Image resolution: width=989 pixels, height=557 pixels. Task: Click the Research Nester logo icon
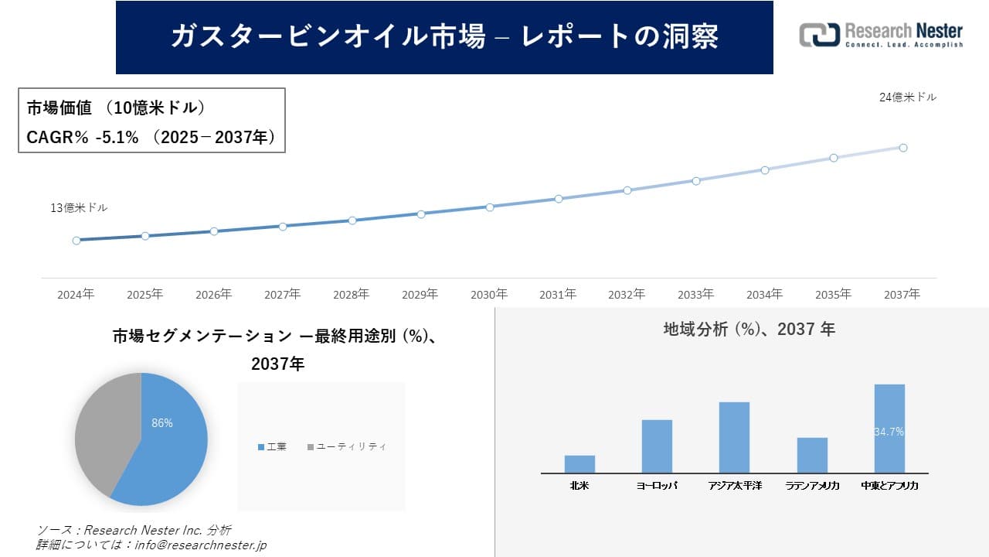[819, 35]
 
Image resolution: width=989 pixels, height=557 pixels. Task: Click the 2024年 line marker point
[76, 241]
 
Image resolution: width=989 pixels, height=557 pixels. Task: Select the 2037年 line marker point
[902, 148]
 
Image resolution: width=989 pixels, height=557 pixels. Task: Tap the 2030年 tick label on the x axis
[489, 295]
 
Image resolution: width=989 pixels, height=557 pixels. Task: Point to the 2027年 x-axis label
[282, 295]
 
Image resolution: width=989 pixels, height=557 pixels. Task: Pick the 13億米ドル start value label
[79, 208]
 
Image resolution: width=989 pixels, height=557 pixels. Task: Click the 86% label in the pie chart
[162, 423]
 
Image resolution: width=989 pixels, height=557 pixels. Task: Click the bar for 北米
[579, 464]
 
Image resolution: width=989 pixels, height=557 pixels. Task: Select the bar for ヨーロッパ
[657, 446]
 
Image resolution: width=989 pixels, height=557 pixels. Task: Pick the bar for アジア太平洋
[734, 437]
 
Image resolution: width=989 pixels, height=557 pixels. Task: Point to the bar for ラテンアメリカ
[812, 456]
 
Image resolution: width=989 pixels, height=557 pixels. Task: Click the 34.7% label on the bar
[889, 432]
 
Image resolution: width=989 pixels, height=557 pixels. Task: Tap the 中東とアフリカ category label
[889, 486]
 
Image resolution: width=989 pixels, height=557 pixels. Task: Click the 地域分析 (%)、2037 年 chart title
[749, 330]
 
